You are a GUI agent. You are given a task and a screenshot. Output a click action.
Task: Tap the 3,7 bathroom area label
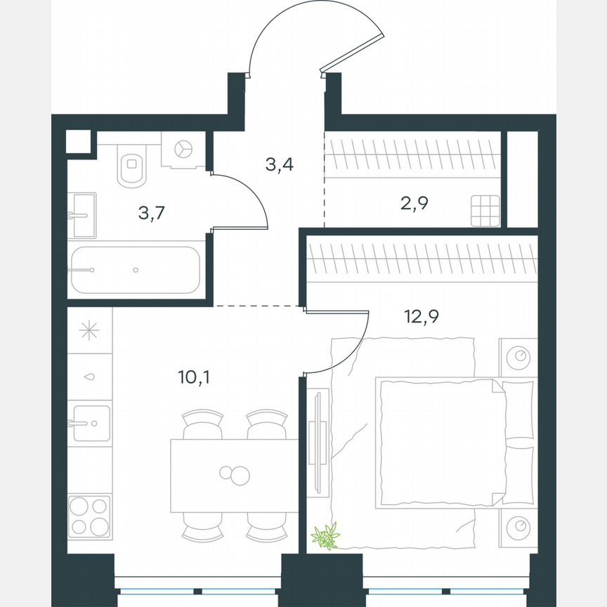tap(151, 214)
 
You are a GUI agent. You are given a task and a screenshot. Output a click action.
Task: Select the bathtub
tap(135, 269)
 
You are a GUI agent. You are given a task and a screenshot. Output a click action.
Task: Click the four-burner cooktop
tap(89, 516)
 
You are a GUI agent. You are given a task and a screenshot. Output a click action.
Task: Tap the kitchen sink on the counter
tap(90, 423)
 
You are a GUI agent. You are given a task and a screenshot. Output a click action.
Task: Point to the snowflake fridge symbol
tap(90, 330)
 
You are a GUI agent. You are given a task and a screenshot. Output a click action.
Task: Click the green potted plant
tap(326, 535)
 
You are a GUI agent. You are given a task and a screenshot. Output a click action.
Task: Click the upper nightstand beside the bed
tap(518, 357)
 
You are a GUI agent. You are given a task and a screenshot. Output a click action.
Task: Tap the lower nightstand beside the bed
tap(518, 526)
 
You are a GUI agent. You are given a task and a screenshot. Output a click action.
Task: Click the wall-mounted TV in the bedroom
tap(318, 443)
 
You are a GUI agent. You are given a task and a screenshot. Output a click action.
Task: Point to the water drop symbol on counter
tap(90, 377)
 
